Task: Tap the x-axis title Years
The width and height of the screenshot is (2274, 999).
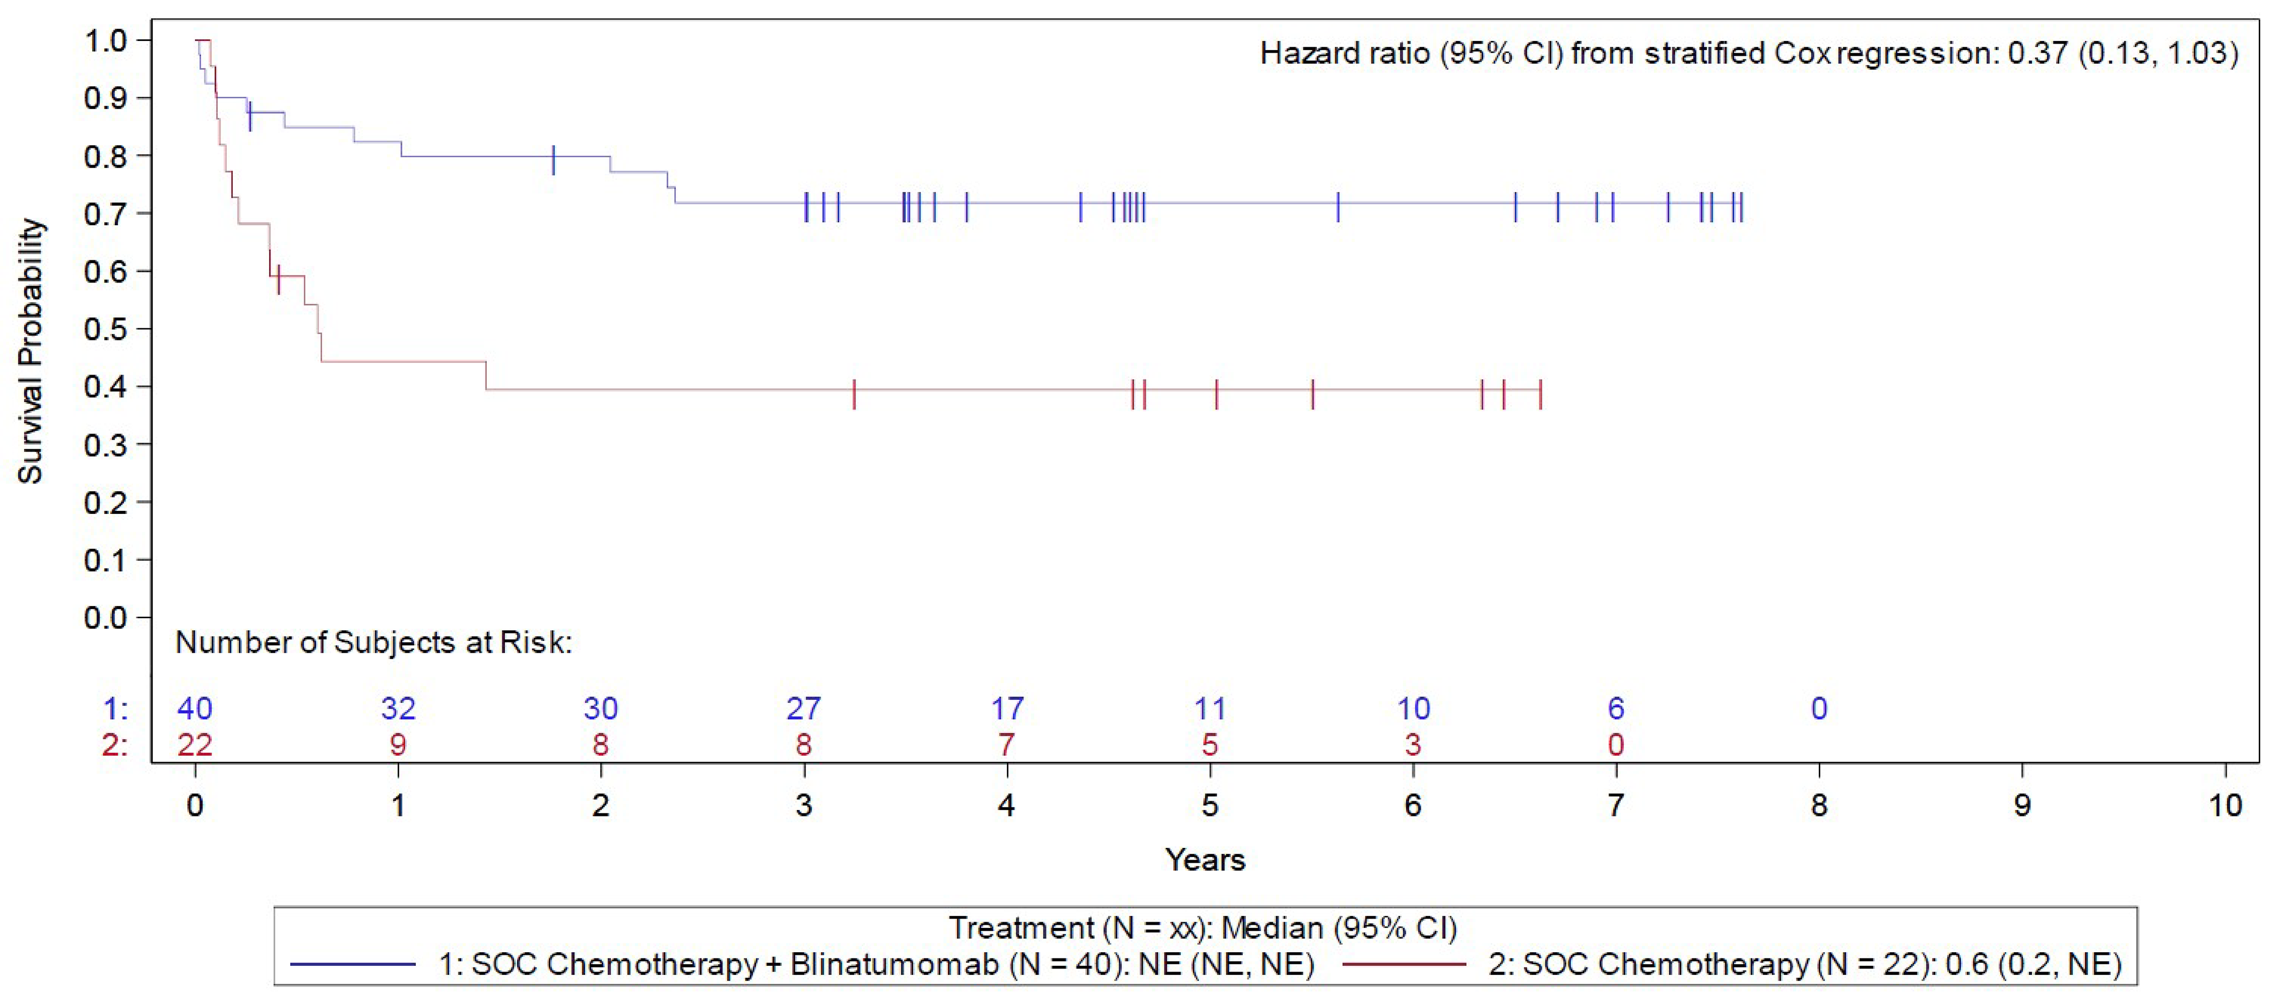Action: [1205, 860]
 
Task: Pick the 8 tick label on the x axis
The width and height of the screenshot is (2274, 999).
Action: [1819, 805]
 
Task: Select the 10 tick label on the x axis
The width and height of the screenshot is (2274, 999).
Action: [2225, 805]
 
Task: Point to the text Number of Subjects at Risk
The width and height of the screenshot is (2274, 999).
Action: [373, 642]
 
